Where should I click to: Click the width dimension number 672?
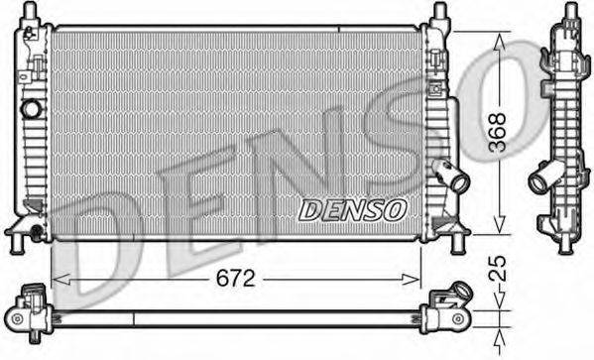point(235,280)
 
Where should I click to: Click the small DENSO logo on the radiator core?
point(353,209)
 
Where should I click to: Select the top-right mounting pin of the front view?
point(437,12)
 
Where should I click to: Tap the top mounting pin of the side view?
point(572,12)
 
